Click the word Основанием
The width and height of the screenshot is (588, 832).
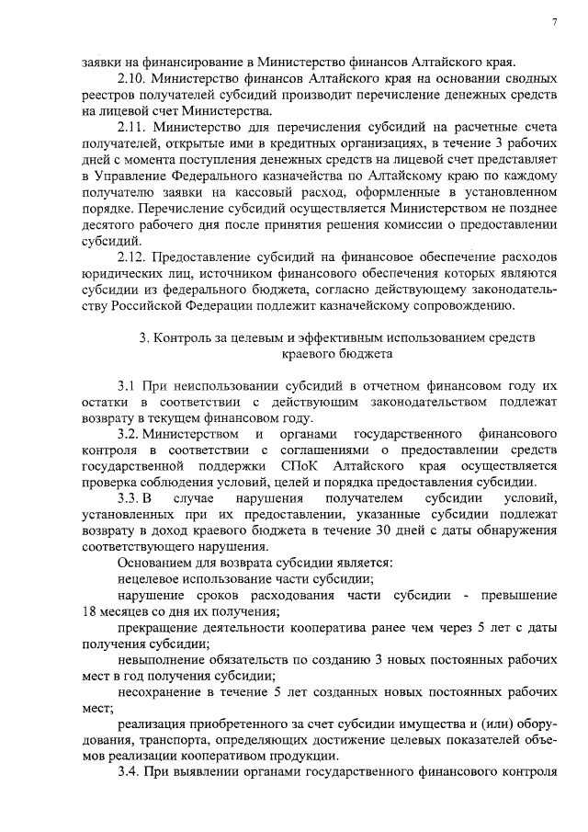pyautogui.click(x=154, y=562)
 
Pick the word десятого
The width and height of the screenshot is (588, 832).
pyautogui.click(x=110, y=222)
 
